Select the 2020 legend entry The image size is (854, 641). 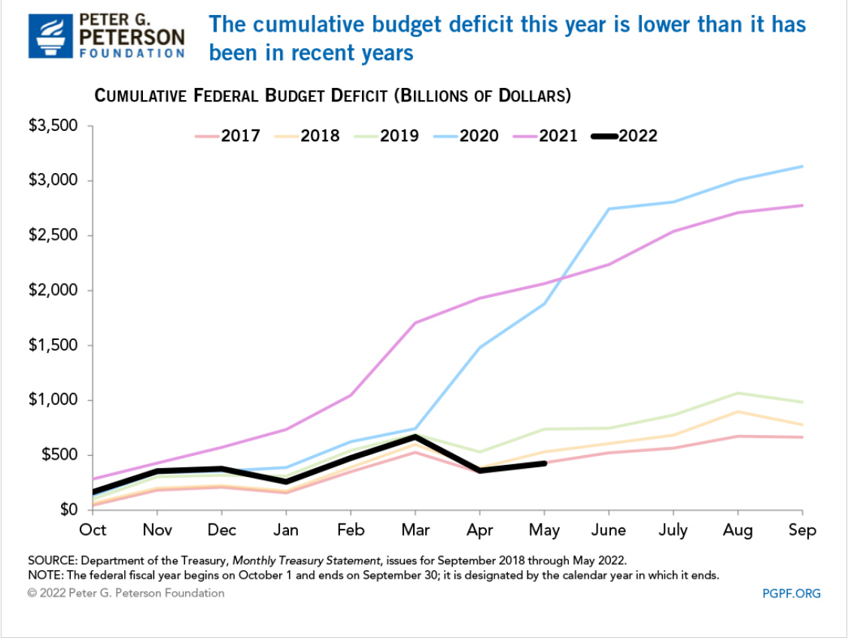[479, 136]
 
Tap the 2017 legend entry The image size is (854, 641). [240, 136]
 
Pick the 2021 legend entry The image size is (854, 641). [558, 136]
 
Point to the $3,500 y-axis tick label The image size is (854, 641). [53, 126]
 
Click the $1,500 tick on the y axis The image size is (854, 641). [53, 345]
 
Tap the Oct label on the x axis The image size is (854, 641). [93, 530]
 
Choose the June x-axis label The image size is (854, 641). [608, 530]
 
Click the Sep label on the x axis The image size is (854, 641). [802, 530]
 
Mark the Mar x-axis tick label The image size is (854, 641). [415, 530]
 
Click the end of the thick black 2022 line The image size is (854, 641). [544, 463]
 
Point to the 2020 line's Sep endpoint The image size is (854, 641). [802, 166]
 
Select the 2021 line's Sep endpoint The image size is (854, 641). [802, 205]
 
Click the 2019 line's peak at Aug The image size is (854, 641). [737, 393]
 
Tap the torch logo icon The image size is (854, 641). [51, 35]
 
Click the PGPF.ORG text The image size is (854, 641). [791, 594]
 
